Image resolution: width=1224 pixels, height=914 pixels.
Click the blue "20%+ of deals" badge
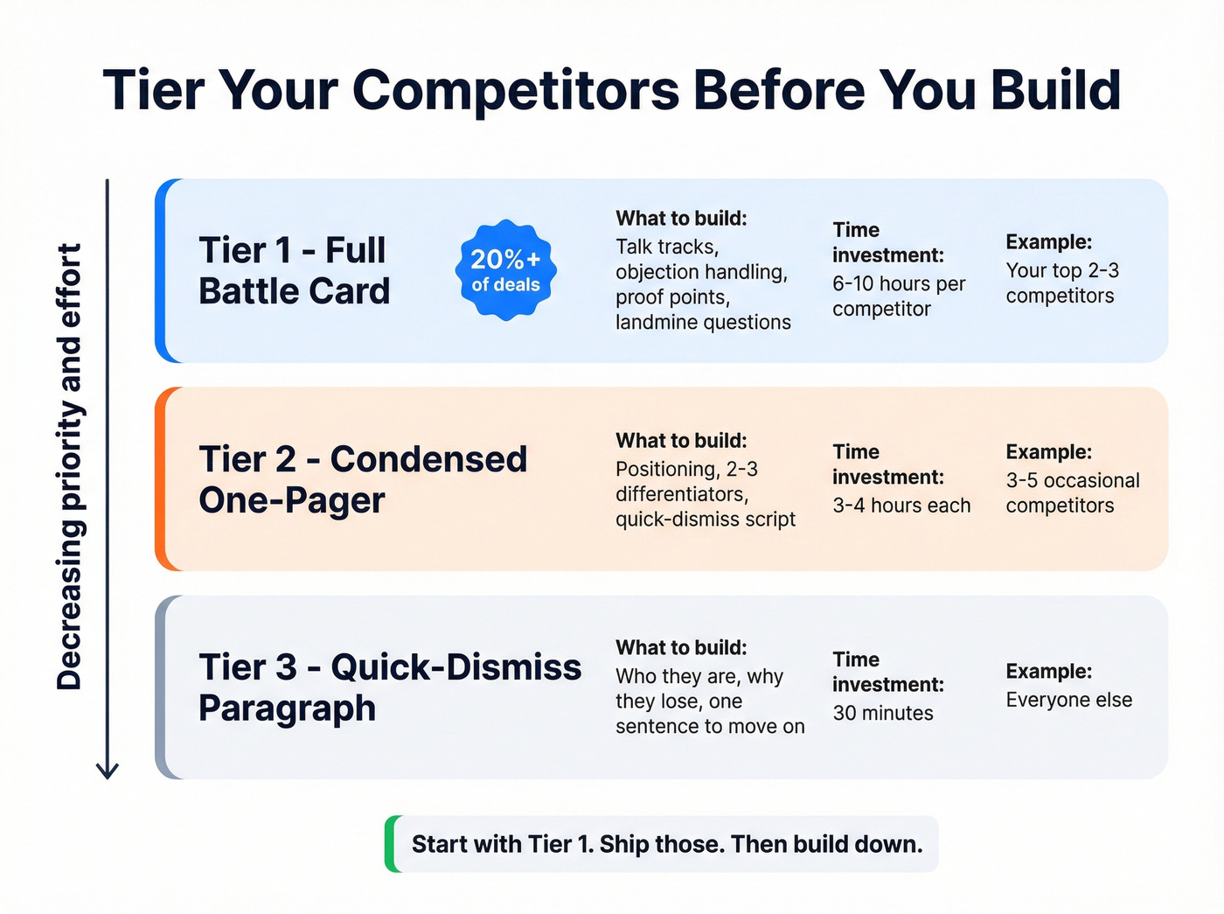tap(505, 270)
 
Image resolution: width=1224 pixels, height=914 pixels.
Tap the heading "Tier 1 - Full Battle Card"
tap(294, 270)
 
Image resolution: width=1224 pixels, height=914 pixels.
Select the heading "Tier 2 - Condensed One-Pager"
tap(363, 479)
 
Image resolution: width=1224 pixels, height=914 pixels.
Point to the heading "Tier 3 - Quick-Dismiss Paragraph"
tap(389, 687)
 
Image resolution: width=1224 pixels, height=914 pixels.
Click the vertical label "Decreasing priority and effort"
tap(69, 466)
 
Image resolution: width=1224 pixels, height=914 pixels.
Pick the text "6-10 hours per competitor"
tap(898, 297)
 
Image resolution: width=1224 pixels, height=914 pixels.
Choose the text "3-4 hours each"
tap(901, 506)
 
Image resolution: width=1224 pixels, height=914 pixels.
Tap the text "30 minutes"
tap(882, 713)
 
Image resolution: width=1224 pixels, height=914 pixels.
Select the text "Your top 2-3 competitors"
tap(1061, 283)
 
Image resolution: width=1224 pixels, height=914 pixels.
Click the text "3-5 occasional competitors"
tap(1072, 493)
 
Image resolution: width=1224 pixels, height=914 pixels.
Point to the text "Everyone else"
tap(1068, 700)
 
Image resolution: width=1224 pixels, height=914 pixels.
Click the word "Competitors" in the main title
tap(516, 90)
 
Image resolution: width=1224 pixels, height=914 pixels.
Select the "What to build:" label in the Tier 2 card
tap(681, 441)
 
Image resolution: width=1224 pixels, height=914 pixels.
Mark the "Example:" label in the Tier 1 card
tap(1048, 242)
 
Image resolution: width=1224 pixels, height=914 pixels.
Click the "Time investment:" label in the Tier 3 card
tap(887, 672)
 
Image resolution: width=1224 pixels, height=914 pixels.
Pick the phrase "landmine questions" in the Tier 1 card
tap(703, 323)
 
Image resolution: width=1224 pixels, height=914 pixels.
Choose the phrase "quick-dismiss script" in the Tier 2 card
tap(705, 520)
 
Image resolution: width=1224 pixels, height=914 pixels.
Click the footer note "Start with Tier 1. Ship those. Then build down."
tap(667, 844)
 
